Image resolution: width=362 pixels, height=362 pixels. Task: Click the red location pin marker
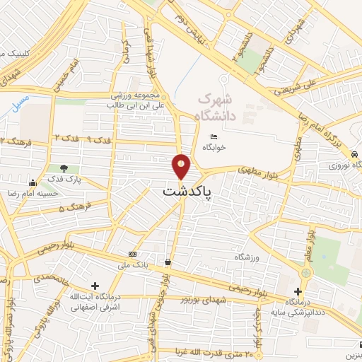[x=182, y=166]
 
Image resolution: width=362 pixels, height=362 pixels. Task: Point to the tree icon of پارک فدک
[x=64, y=168]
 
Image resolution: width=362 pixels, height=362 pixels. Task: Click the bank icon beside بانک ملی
[x=132, y=254]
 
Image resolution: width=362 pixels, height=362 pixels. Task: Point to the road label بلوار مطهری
[x=247, y=170]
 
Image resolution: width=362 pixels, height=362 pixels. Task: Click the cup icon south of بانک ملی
[x=167, y=262]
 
